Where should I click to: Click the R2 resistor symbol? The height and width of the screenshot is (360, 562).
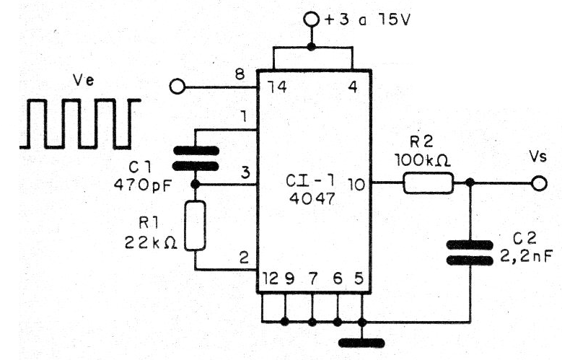(429, 183)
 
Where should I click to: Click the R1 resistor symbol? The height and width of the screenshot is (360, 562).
(196, 226)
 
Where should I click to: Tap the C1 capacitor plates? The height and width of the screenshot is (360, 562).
(196, 158)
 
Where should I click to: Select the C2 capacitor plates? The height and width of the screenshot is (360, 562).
(470, 253)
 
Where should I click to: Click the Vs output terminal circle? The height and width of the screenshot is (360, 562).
(540, 183)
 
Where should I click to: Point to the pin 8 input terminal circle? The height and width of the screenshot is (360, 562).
(177, 87)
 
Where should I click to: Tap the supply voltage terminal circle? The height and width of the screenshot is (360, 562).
(311, 19)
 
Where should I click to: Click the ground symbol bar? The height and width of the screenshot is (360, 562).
(361, 343)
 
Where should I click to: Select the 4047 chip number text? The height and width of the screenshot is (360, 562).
(312, 198)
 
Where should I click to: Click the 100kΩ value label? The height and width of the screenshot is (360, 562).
(423, 160)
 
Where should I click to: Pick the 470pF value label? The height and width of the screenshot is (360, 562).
(143, 185)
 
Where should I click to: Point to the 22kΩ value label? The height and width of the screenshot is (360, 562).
(151, 243)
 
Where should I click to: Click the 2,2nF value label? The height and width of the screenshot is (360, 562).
(526, 256)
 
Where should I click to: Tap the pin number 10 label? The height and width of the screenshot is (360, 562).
(356, 185)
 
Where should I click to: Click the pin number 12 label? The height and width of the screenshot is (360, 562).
(271, 278)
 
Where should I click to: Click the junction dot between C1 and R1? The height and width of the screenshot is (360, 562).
(196, 184)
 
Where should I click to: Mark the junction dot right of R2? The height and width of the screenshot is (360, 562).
(470, 183)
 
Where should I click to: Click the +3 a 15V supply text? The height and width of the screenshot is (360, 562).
(366, 19)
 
